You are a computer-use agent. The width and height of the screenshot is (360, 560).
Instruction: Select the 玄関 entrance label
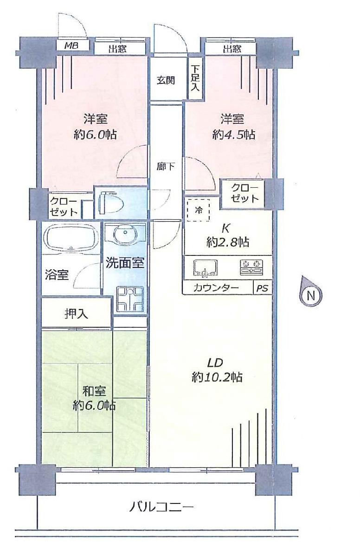166,80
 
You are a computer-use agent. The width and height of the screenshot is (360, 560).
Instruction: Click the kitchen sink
206,268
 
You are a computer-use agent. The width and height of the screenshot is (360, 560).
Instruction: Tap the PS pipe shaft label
262,288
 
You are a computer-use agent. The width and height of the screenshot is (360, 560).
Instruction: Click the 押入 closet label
76,313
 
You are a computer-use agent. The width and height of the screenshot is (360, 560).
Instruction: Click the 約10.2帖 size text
217,377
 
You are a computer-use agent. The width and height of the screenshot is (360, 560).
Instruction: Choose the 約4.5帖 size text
233,135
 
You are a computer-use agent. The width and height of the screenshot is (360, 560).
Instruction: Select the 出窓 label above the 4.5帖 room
232,48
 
